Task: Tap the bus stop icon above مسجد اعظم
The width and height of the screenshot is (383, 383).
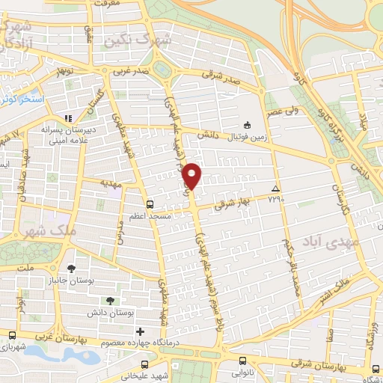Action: tap(150, 203)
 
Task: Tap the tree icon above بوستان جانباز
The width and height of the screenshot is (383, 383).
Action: tap(71, 268)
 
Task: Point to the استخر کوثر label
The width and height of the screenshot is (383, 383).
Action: tap(16, 98)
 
